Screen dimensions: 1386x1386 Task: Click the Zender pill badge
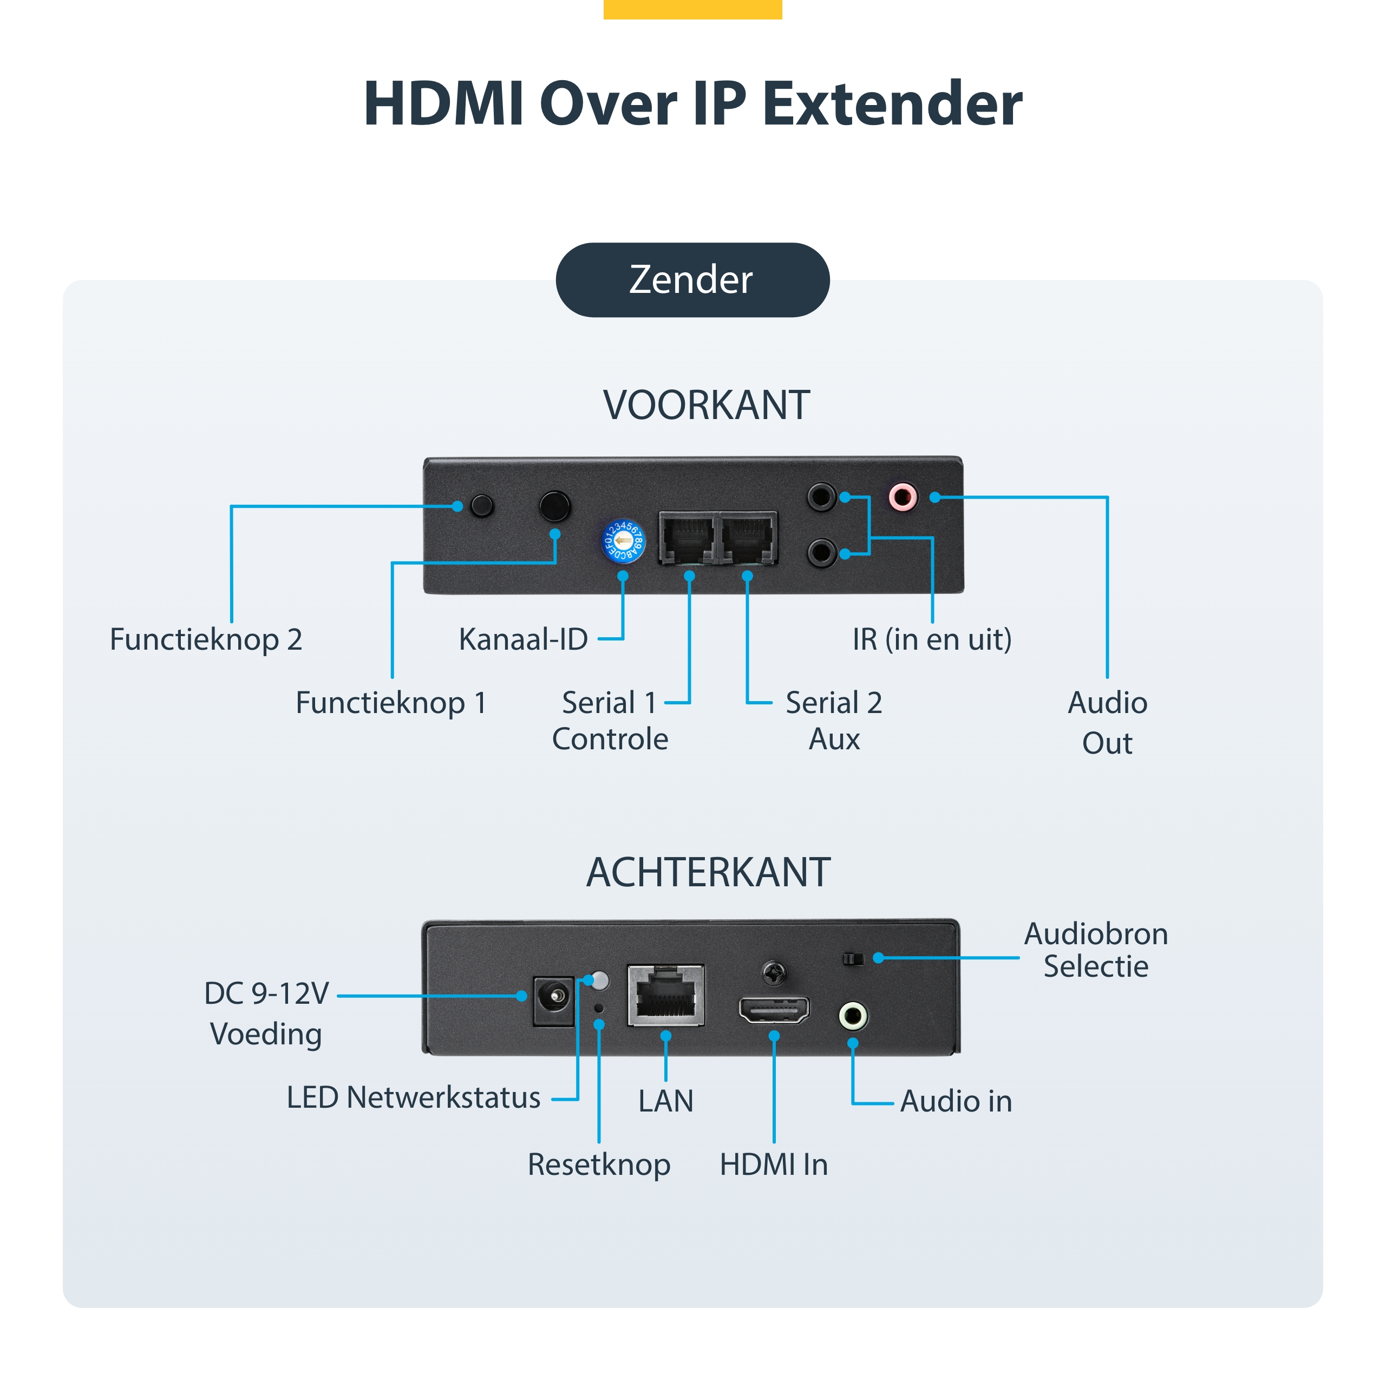pos(692,280)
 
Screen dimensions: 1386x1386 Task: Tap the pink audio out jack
pos(903,496)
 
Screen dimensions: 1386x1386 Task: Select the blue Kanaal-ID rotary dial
pos(623,541)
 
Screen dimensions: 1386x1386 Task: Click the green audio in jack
pos(853,1016)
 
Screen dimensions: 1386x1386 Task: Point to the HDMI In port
pos(774,1010)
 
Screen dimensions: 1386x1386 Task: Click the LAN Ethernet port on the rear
pos(666,996)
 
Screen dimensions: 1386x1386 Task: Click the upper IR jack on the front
pos(821,496)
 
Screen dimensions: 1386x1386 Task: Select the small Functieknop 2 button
pos(482,506)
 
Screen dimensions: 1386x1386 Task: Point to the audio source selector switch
pos(853,958)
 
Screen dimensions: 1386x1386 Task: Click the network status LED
pos(600,980)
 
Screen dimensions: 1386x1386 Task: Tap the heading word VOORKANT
pos(707,406)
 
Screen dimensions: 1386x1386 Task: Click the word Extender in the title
pos(892,104)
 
